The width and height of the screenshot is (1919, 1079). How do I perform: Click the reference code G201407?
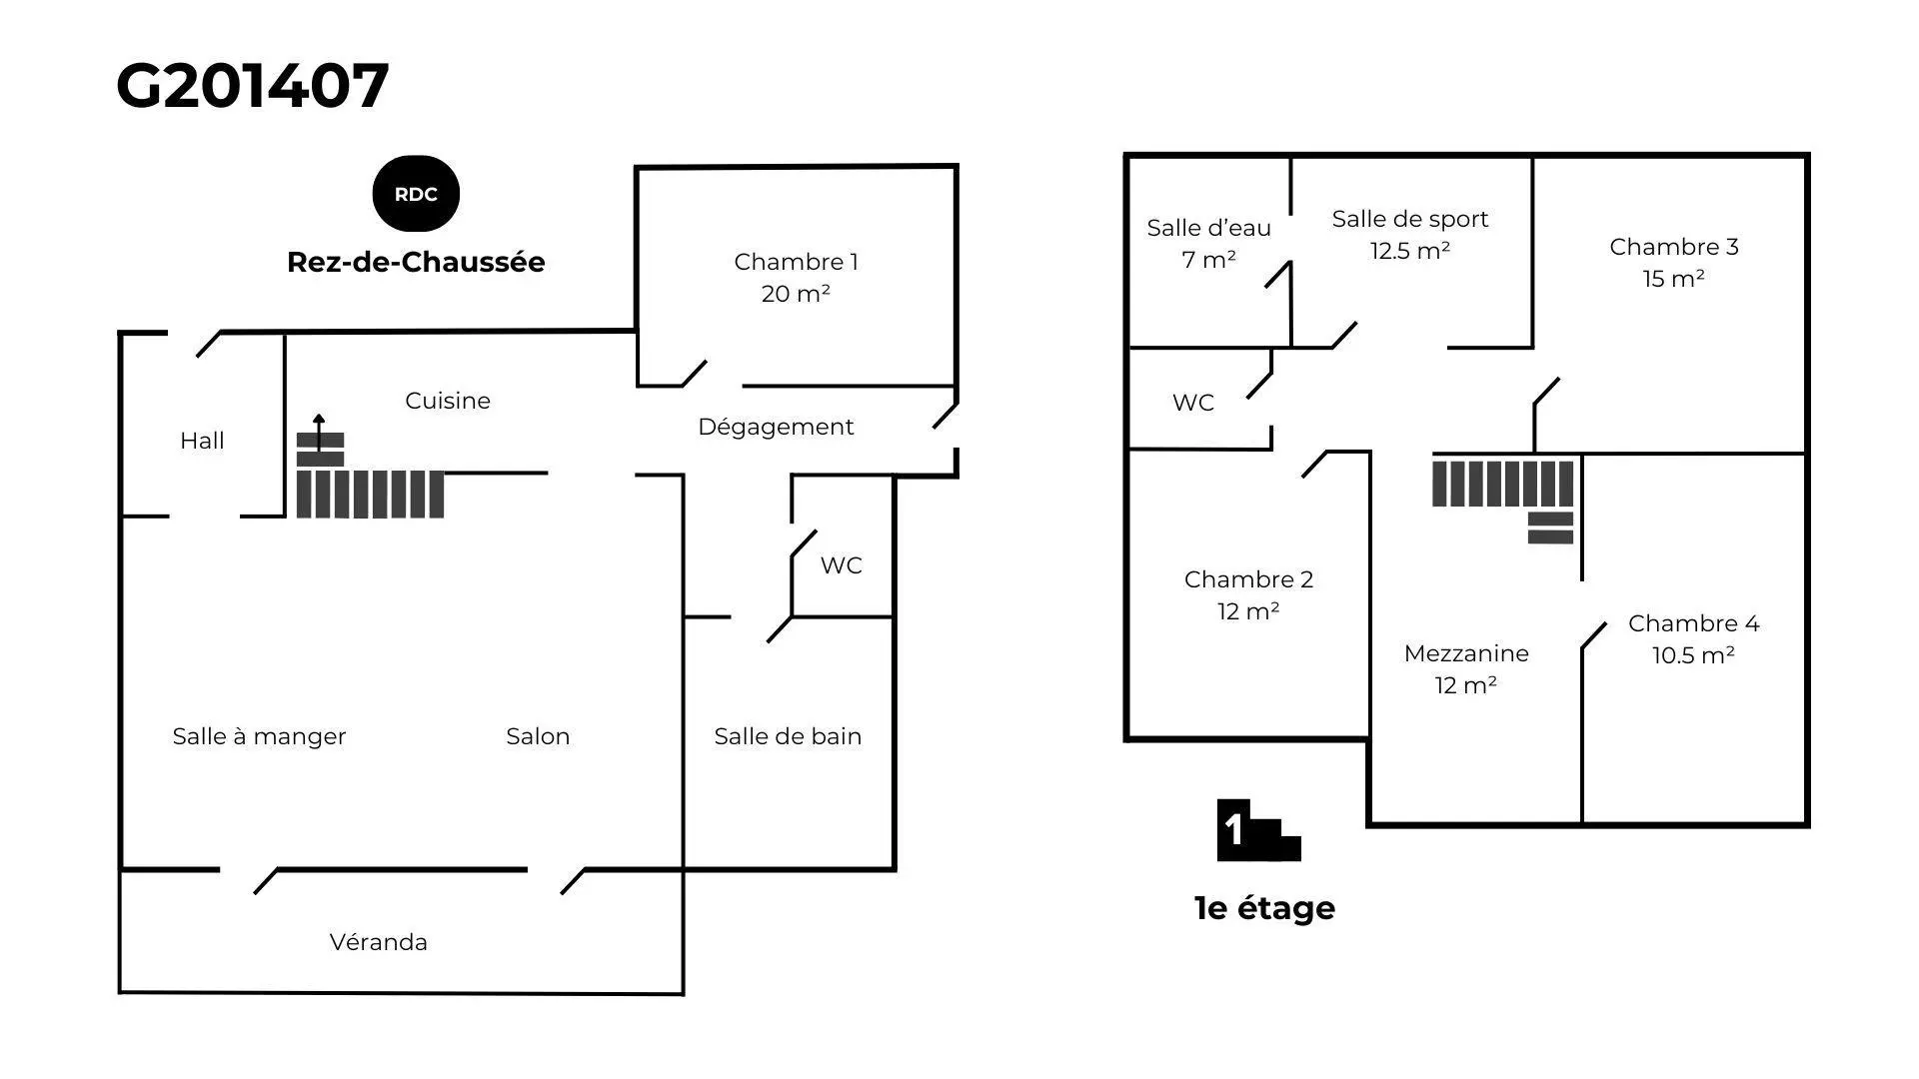(x=252, y=86)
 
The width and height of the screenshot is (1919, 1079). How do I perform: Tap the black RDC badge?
(x=416, y=194)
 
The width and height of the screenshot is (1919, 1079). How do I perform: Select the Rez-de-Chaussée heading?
(x=416, y=262)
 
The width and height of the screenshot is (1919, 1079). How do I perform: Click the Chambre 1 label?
(x=796, y=262)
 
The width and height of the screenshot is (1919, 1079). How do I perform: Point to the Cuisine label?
(x=448, y=401)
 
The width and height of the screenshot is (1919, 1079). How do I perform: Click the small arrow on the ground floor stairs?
(x=319, y=433)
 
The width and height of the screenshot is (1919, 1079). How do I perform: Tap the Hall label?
(x=202, y=441)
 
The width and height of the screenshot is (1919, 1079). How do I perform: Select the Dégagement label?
(x=776, y=428)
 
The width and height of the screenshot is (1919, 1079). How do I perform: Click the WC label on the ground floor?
(x=841, y=565)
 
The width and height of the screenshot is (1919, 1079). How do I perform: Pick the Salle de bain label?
(x=788, y=736)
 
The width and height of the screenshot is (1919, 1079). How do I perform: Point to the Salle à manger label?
(x=259, y=737)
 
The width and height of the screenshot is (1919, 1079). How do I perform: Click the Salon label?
(x=538, y=736)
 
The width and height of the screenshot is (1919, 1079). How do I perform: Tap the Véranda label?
(x=379, y=942)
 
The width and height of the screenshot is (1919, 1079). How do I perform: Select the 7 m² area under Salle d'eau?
(x=1208, y=260)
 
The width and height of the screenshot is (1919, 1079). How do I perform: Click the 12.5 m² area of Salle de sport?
(x=1409, y=251)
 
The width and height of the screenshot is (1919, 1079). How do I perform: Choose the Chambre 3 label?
(x=1674, y=247)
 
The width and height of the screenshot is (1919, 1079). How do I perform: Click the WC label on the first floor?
(x=1193, y=403)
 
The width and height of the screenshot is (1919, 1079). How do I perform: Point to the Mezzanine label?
(x=1466, y=653)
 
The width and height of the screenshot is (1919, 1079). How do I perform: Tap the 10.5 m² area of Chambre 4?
(x=1693, y=655)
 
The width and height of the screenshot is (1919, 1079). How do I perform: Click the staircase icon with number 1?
(x=1258, y=830)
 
